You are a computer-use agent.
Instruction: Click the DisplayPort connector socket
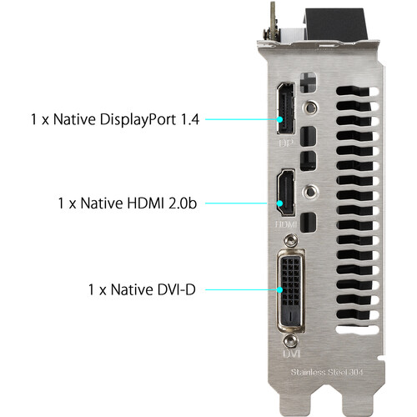pos(286,108)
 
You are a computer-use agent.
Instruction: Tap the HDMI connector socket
pos(285,193)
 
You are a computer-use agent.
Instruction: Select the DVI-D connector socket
pos(291,291)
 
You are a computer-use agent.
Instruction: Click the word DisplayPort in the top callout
pos(138,120)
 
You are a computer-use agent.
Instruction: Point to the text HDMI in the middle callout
pos(145,203)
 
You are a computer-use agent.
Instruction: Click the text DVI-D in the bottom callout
pos(177,289)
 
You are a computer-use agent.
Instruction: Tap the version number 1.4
pos(190,119)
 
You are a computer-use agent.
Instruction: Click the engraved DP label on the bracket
pos(285,143)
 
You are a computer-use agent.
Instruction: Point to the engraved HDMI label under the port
pos(285,224)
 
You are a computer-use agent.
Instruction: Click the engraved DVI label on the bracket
pos(291,354)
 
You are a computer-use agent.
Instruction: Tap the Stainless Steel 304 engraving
pos(327,372)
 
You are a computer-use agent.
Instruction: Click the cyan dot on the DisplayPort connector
pos(280,119)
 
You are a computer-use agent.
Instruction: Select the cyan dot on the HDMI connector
pos(280,203)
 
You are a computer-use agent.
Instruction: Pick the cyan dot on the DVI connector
pos(280,289)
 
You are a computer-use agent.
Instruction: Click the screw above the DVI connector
pos(291,240)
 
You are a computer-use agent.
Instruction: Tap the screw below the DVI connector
pos(291,340)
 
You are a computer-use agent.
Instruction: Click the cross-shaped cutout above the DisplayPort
pos(308,83)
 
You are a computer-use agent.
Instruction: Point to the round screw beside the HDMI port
pos(310,192)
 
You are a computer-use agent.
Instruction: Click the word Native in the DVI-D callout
pos(132,289)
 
